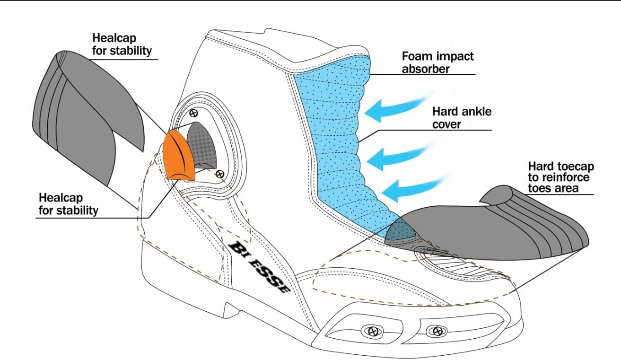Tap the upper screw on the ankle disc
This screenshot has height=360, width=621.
tap(193, 113)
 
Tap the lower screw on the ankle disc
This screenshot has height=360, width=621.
tap(220, 175)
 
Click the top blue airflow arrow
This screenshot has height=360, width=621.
tap(398, 107)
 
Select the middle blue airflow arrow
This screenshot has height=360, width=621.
tap(399, 156)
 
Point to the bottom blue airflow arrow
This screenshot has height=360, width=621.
tap(414, 187)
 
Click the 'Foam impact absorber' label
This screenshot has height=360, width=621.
tap(438, 62)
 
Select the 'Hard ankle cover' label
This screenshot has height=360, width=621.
tap(462, 118)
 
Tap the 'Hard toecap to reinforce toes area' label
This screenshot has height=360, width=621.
tap(561, 177)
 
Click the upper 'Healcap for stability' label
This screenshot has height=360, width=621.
tap(122, 44)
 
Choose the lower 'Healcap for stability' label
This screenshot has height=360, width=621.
tap(68, 204)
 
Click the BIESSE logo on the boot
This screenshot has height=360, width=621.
tap(259, 266)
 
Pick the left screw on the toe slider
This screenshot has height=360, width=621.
tap(374, 331)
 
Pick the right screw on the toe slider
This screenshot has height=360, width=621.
tap(437, 331)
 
